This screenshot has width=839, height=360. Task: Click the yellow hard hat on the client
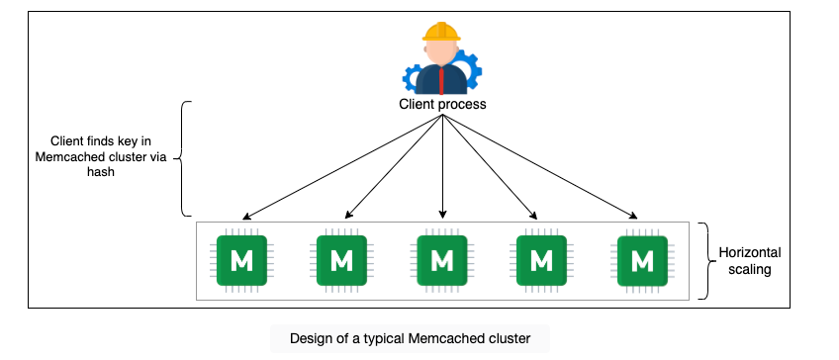pos(441,32)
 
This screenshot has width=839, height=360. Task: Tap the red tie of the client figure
pos(441,81)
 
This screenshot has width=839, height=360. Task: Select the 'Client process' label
pos(442,104)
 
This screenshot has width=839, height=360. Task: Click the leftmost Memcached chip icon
pos(241,260)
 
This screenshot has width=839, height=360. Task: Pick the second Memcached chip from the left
pos(341,260)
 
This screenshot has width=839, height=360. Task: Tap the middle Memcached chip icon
pos(442,260)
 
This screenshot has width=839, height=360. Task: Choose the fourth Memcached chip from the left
pos(541,260)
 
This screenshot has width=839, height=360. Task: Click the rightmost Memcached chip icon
pos(642,260)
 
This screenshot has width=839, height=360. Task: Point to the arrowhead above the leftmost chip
pos(246,217)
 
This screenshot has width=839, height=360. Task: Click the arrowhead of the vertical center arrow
pos(442,215)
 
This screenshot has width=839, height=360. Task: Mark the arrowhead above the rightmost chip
pos(633,216)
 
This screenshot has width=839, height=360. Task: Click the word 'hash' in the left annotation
pos(101,172)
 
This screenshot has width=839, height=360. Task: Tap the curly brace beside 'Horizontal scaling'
pos(707,261)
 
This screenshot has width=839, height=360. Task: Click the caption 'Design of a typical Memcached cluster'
pos(410,338)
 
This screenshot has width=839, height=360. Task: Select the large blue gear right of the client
pos(467,69)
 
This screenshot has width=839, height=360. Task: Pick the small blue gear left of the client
pos(412,78)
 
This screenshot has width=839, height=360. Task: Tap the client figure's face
pos(441,53)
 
